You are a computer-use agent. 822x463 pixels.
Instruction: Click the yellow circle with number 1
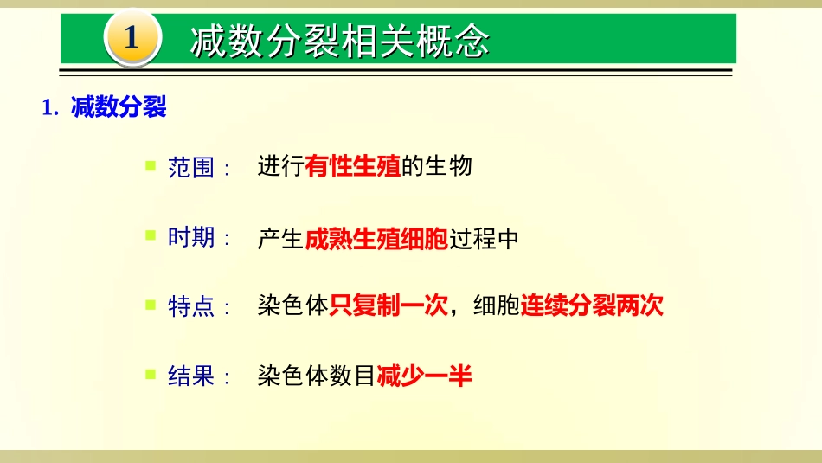132,38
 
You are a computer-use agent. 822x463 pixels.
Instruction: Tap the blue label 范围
191,166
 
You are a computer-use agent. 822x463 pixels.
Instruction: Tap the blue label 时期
191,237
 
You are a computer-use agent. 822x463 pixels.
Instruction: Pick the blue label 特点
191,306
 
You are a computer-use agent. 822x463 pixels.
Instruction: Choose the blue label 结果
191,376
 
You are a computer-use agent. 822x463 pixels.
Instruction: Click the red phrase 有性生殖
353,166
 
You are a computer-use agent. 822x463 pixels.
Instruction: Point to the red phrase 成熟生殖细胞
376,238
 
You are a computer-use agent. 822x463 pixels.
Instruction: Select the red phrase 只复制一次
389,306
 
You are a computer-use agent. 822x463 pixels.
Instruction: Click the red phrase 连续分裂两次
592,306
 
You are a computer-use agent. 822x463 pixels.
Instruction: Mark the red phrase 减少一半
425,376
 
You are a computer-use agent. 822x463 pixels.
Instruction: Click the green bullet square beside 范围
150,164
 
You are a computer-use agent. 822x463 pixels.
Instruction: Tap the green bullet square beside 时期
150,235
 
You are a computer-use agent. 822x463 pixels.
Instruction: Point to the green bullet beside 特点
150,305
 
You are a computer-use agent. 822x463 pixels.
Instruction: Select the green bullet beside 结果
150,375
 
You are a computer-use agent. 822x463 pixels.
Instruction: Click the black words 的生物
437,166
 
